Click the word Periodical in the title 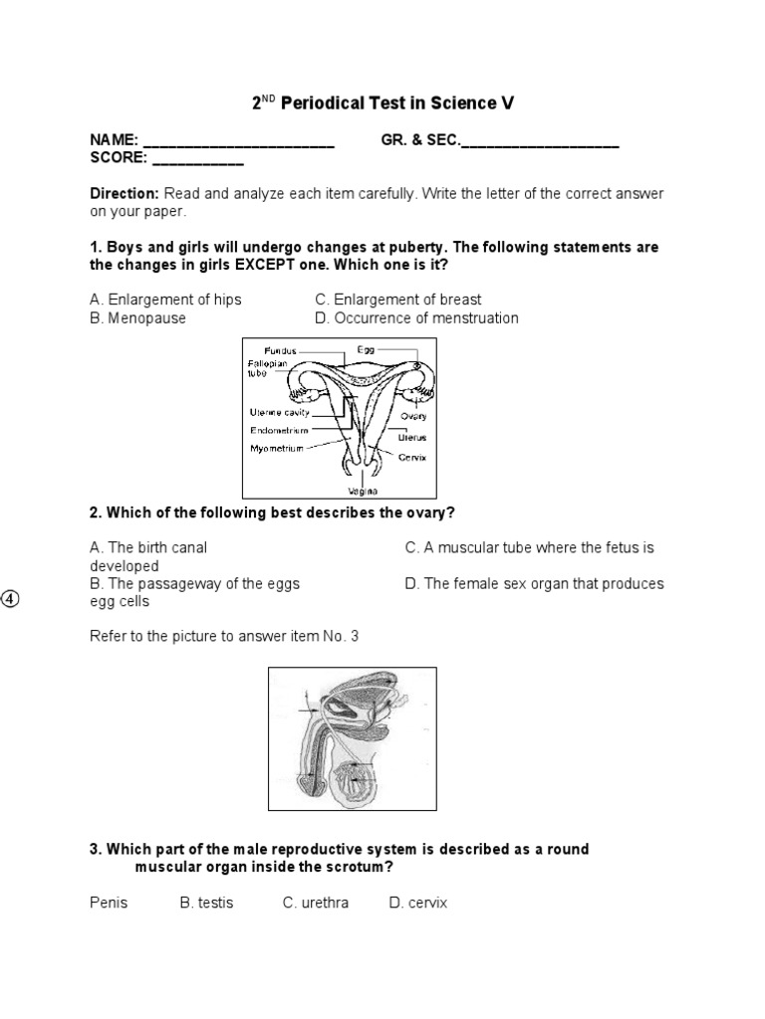(x=330, y=103)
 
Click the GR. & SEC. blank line (x=540, y=145)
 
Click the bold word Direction (x=125, y=193)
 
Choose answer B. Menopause (x=137, y=318)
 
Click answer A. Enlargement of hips (x=165, y=300)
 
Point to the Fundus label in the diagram (x=281, y=350)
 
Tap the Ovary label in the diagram (x=413, y=416)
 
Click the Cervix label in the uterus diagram (x=412, y=458)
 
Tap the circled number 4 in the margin (x=10, y=598)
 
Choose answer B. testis (x=206, y=904)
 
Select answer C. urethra (x=315, y=904)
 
